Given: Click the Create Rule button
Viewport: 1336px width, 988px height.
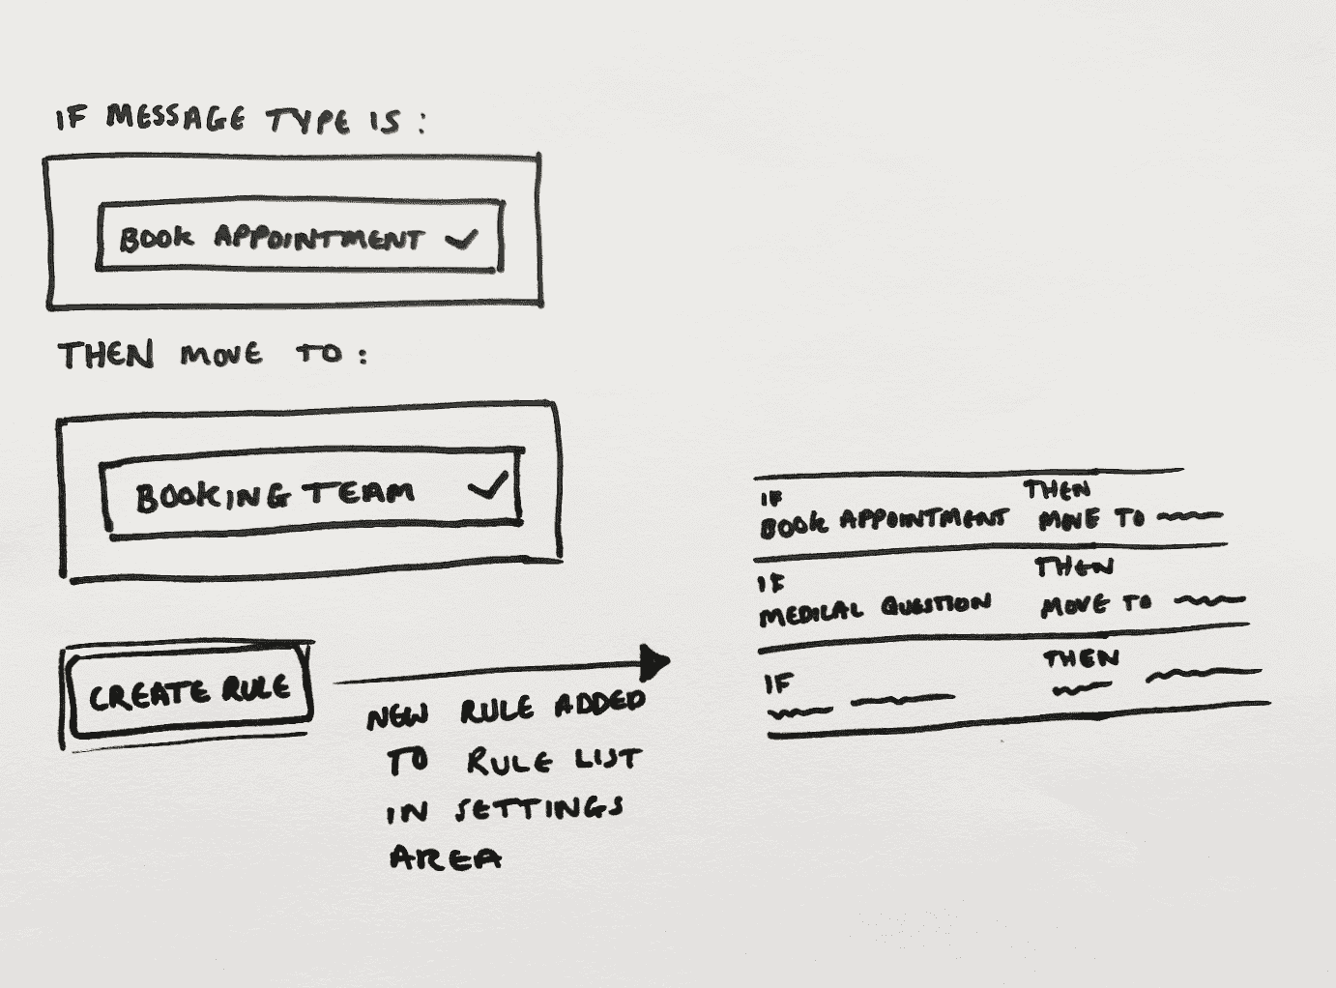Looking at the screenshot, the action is pos(189,692).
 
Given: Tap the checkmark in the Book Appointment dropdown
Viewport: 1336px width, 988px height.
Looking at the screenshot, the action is pos(462,238).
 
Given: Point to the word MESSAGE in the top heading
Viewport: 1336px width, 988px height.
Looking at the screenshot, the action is pos(175,117).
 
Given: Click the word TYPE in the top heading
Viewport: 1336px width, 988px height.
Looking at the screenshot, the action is pos(307,121).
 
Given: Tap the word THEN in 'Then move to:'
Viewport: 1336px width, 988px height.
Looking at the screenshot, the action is pos(105,355).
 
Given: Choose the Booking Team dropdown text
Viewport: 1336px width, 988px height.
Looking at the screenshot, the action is pos(276,495).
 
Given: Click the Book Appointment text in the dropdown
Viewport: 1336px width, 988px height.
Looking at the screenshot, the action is pos(271,238).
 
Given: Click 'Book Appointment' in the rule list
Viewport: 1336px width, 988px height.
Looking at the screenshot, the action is pos(883,522).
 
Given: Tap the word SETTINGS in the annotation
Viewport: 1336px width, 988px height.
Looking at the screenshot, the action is pos(539,808).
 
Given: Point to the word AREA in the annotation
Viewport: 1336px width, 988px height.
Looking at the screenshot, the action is pos(445,857).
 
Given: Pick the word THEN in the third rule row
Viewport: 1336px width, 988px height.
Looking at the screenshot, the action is pos(1081,659).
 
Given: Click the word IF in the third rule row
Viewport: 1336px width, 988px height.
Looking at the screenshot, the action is pos(778,684).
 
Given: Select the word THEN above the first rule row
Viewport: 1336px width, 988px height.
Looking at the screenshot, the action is pos(1057,490).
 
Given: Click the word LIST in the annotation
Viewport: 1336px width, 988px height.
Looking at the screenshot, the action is pos(608,760).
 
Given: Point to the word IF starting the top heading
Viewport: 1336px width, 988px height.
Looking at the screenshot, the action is pos(71,119).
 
